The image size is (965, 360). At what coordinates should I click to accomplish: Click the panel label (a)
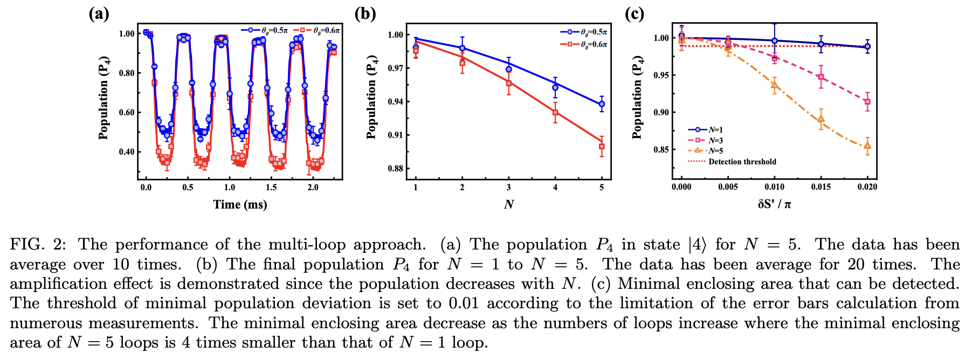(x=99, y=13)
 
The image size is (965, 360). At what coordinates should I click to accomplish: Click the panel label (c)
(x=634, y=13)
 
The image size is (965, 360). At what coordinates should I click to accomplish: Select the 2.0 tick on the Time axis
(x=313, y=188)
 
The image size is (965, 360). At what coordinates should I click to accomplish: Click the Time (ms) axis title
(x=240, y=204)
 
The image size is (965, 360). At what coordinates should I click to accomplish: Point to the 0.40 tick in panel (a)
(x=127, y=152)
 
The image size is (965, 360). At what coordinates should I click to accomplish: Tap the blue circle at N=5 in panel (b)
(x=602, y=104)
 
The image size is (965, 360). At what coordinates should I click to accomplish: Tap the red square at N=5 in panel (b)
(x=602, y=147)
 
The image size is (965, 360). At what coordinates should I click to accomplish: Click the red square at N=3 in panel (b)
(x=508, y=83)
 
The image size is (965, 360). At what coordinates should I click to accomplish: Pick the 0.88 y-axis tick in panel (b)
(x=395, y=169)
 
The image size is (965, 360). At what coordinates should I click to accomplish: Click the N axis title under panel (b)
(x=508, y=204)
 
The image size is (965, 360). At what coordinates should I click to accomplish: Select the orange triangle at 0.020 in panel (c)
(x=867, y=146)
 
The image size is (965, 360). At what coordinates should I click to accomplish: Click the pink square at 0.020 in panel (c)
(x=867, y=102)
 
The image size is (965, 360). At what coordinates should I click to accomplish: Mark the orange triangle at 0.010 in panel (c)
(x=775, y=85)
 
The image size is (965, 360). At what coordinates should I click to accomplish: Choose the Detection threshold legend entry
(x=742, y=162)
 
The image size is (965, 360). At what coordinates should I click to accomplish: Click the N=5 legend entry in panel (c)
(x=715, y=151)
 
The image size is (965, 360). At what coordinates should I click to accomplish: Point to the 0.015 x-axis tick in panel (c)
(x=821, y=187)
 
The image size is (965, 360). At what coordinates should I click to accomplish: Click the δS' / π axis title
(x=774, y=204)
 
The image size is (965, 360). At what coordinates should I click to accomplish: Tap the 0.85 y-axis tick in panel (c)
(x=661, y=150)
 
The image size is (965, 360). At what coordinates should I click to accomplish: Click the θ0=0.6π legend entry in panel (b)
(x=593, y=44)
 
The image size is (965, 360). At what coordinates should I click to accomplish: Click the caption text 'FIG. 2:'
(x=38, y=245)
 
